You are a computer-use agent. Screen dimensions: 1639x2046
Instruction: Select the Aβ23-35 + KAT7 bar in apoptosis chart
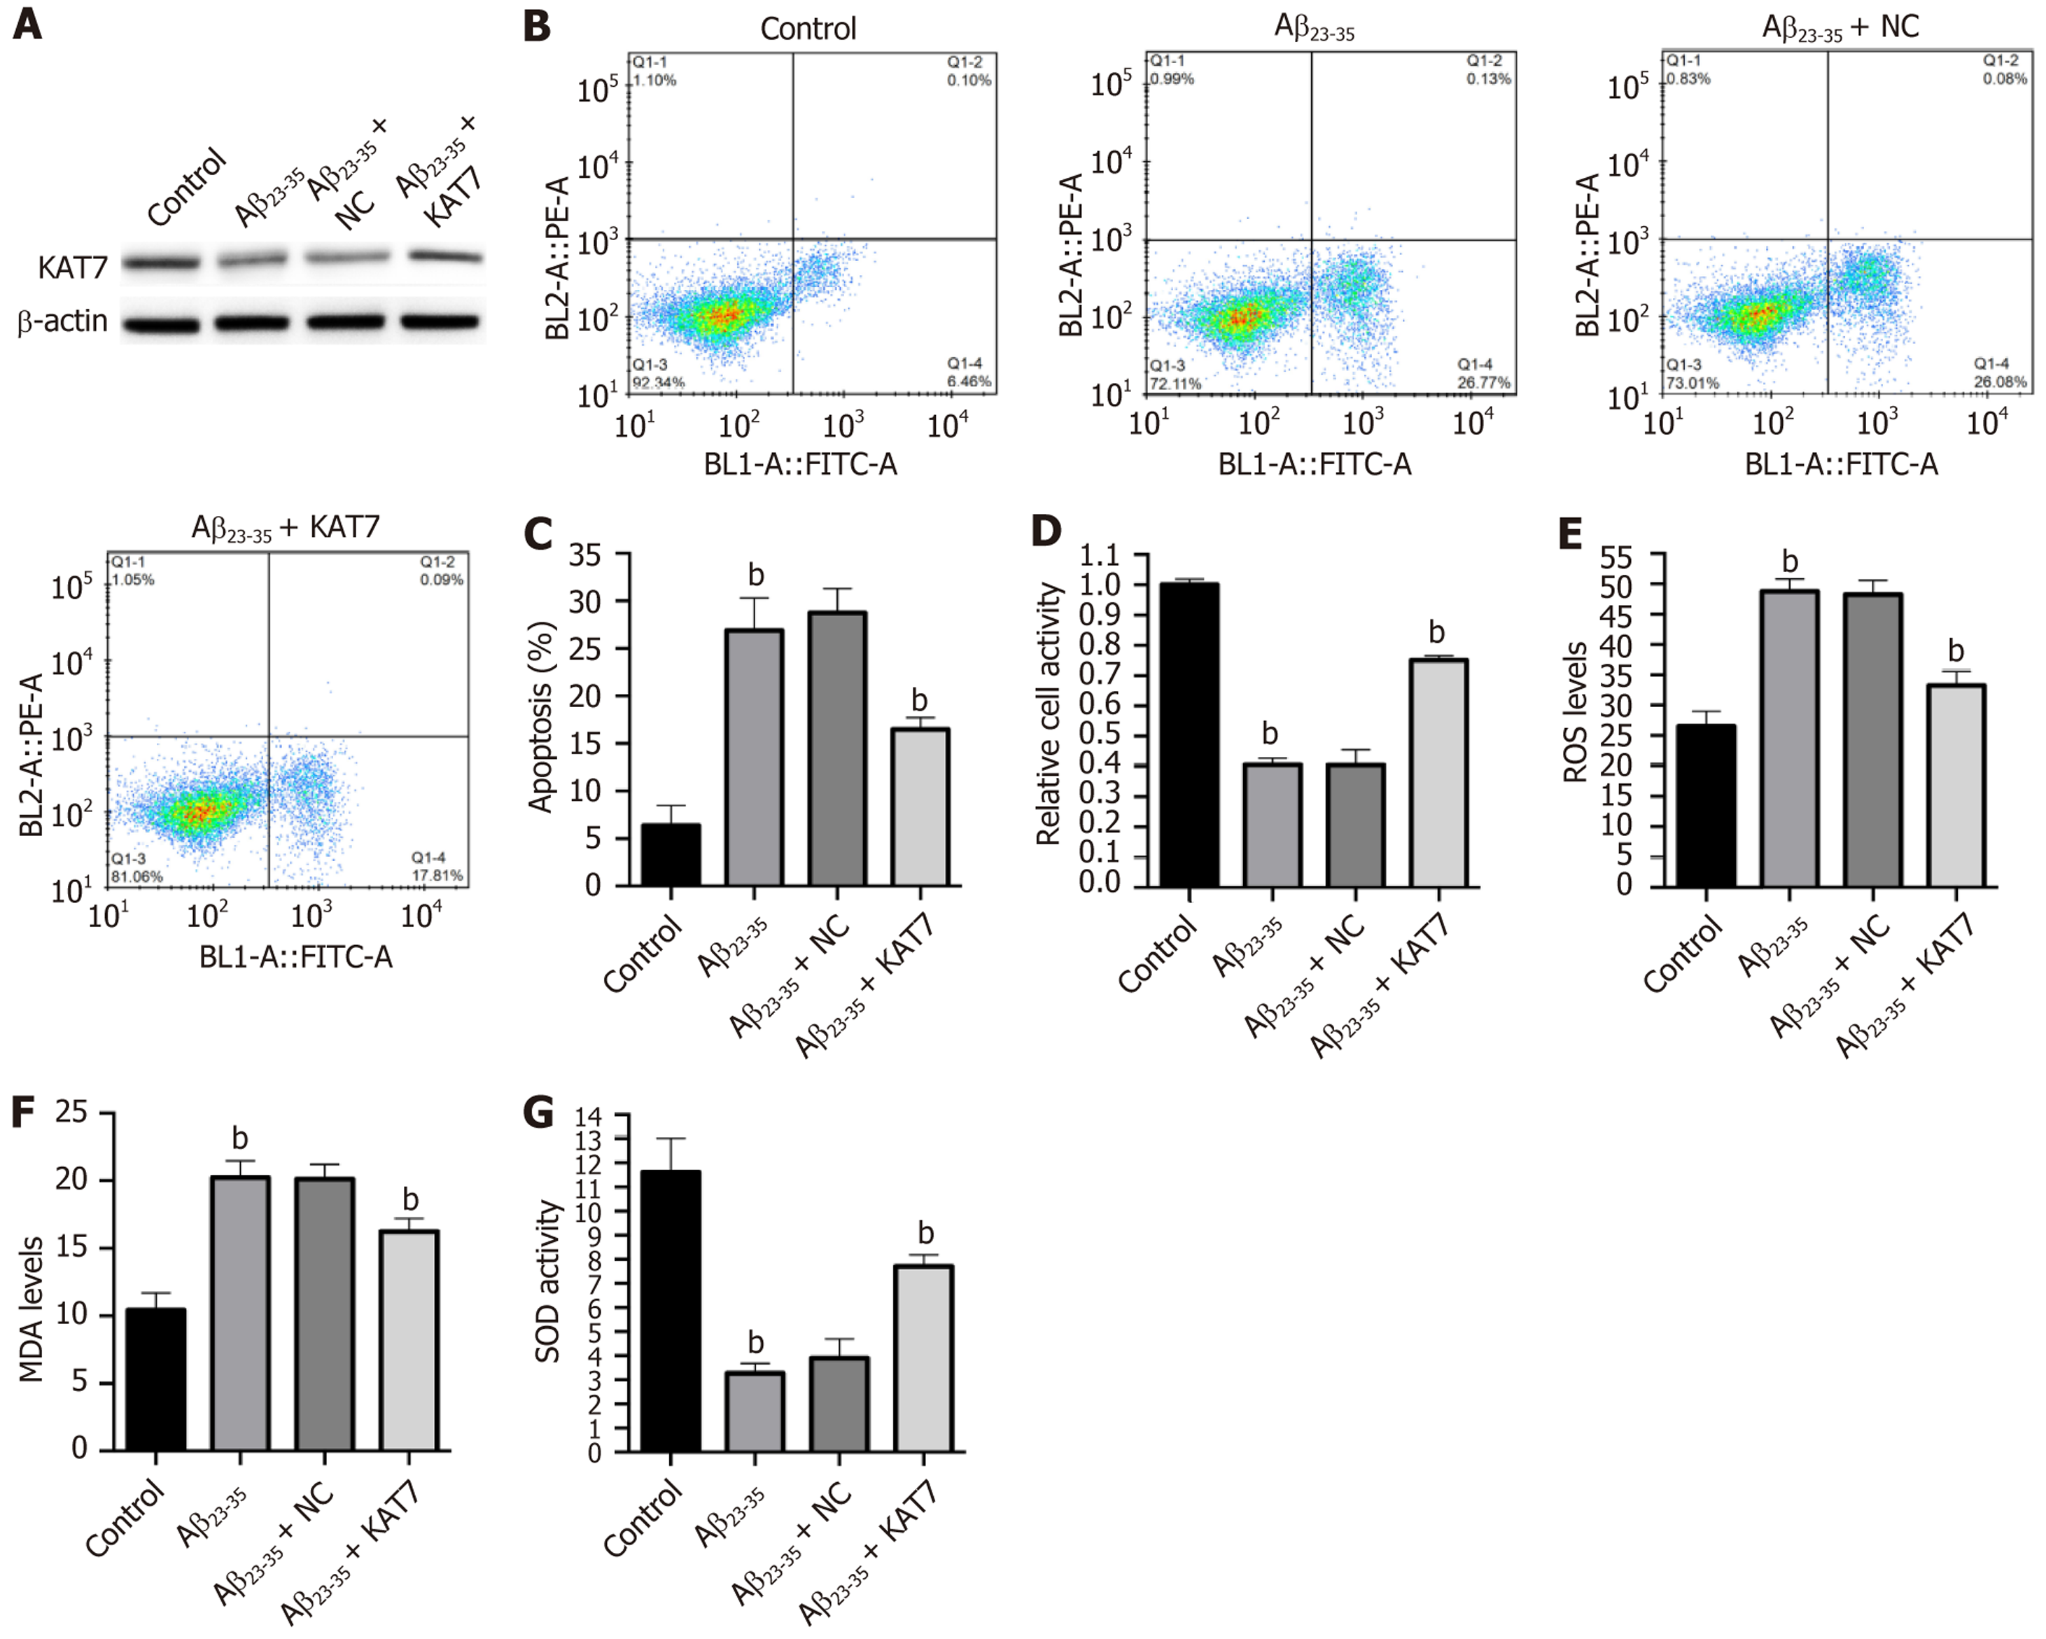(x=920, y=807)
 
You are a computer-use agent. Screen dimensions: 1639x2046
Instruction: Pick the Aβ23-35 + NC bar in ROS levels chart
(x=1873, y=739)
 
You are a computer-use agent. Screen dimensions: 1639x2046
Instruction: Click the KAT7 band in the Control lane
(x=160, y=263)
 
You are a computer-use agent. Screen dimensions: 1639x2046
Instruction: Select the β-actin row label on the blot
(x=62, y=323)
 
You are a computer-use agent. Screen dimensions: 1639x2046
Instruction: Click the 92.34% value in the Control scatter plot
(x=659, y=382)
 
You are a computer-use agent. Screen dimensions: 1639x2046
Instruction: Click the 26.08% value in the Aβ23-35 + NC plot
(x=2001, y=382)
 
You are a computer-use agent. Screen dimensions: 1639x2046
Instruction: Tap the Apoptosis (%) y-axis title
(x=541, y=718)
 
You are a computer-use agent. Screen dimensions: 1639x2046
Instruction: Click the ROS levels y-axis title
(x=1576, y=712)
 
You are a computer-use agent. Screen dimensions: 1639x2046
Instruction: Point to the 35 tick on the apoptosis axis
(x=584, y=555)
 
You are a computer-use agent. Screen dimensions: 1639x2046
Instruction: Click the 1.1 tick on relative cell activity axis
(x=1099, y=555)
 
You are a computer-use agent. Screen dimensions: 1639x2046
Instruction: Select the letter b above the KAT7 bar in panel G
(x=925, y=1234)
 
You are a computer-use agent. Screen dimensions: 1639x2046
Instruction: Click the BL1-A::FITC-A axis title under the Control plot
(x=800, y=464)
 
